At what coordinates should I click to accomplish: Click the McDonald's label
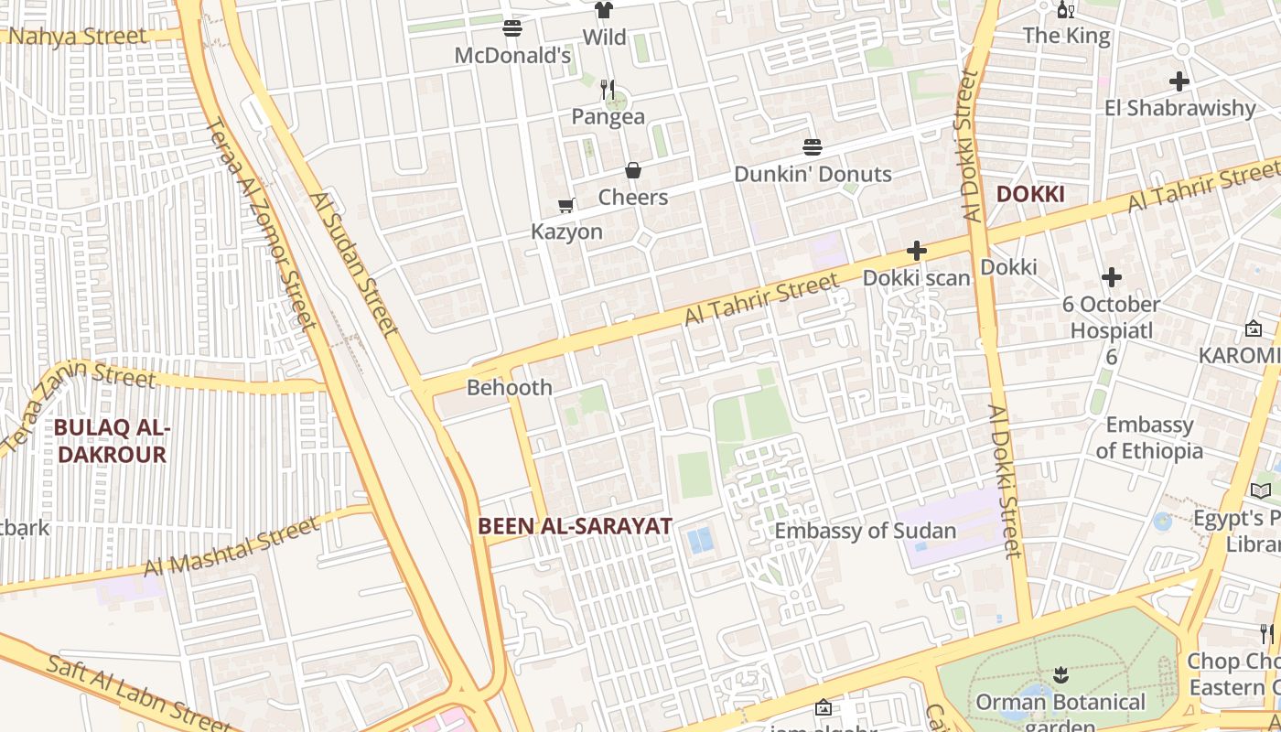pyautogui.click(x=512, y=56)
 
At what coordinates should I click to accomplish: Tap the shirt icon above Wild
pyautogui.click(x=603, y=10)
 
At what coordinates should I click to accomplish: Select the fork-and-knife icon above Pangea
pyautogui.click(x=608, y=90)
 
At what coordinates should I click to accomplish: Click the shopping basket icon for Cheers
pyautogui.click(x=632, y=170)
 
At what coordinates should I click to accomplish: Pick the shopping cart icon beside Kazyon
pyautogui.click(x=566, y=205)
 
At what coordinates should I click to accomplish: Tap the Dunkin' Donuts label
pyautogui.click(x=813, y=174)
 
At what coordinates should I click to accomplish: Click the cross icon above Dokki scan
pyautogui.click(x=916, y=251)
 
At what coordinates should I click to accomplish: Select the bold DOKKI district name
pyautogui.click(x=1030, y=194)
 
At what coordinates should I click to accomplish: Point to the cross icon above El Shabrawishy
pyautogui.click(x=1179, y=81)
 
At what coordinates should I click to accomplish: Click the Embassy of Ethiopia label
pyautogui.click(x=1149, y=437)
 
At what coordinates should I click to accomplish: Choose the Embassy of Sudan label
pyautogui.click(x=865, y=531)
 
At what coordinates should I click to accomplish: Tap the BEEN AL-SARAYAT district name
pyautogui.click(x=575, y=526)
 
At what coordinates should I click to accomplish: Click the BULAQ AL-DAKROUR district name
pyautogui.click(x=112, y=440)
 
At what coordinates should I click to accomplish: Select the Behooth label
pyautogui.click(x=510, y=387)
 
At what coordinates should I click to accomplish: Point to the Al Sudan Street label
pyautogui.click(x=354, y=264)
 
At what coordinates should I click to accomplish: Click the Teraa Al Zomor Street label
pyautogui.click(x=263, y=224)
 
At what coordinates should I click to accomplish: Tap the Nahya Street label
pyautogui.click(x=77, y=37)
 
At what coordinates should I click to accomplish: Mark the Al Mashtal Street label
pyautogui.click(x=231, y=546)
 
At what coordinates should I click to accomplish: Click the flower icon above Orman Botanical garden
pyautogui.click(x=1060, y=675)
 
